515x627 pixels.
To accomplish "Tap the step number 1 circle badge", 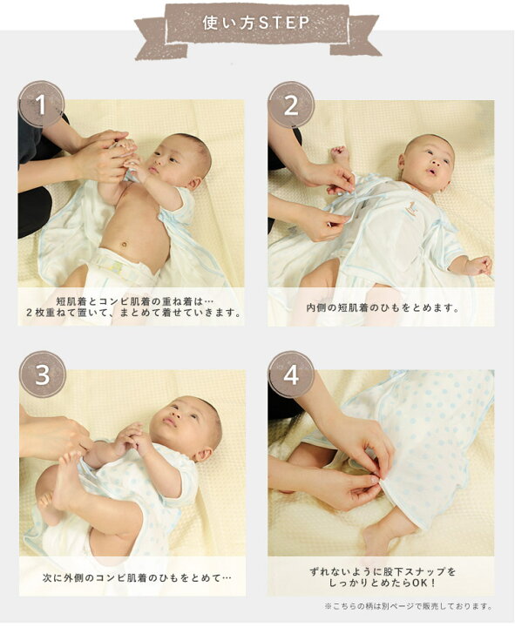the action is click(x=42, y=104).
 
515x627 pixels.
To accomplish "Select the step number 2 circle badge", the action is click(x=291, y=105).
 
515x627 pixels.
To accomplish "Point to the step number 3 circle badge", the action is click(x=43, y=374).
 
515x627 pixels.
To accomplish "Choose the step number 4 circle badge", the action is click(x=291, y=374).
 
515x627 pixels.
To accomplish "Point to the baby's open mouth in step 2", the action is click(x=431, y=172).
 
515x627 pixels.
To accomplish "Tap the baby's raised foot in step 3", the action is click(x=67, y=475).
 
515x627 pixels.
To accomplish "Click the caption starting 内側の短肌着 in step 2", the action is click(x=383, y=308).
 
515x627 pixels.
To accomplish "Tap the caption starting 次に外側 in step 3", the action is click(x=138, y=577).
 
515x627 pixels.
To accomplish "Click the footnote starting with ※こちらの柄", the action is click(x=409, y=607).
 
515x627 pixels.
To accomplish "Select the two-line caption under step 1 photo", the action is click(x=133, y=307).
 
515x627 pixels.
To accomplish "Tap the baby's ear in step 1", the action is click(x=194, y=183).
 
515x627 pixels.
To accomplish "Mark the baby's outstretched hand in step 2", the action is click(x=478, y=266).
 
